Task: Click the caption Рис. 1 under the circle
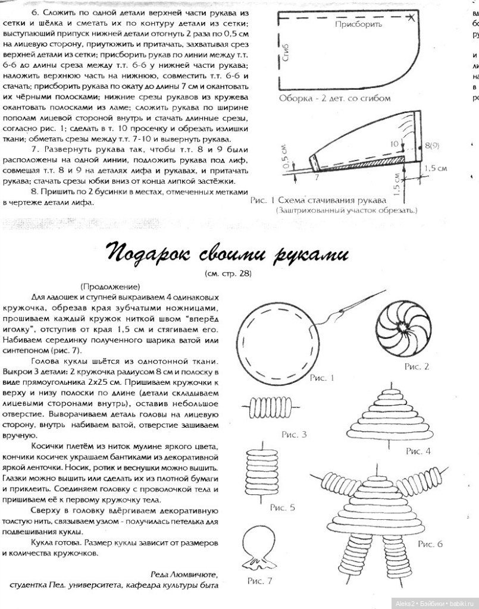[x=325, y=377]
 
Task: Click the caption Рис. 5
[x=283, y=507]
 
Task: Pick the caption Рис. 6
[x=430, y=544]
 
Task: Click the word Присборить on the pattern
[x=355, y=25]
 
